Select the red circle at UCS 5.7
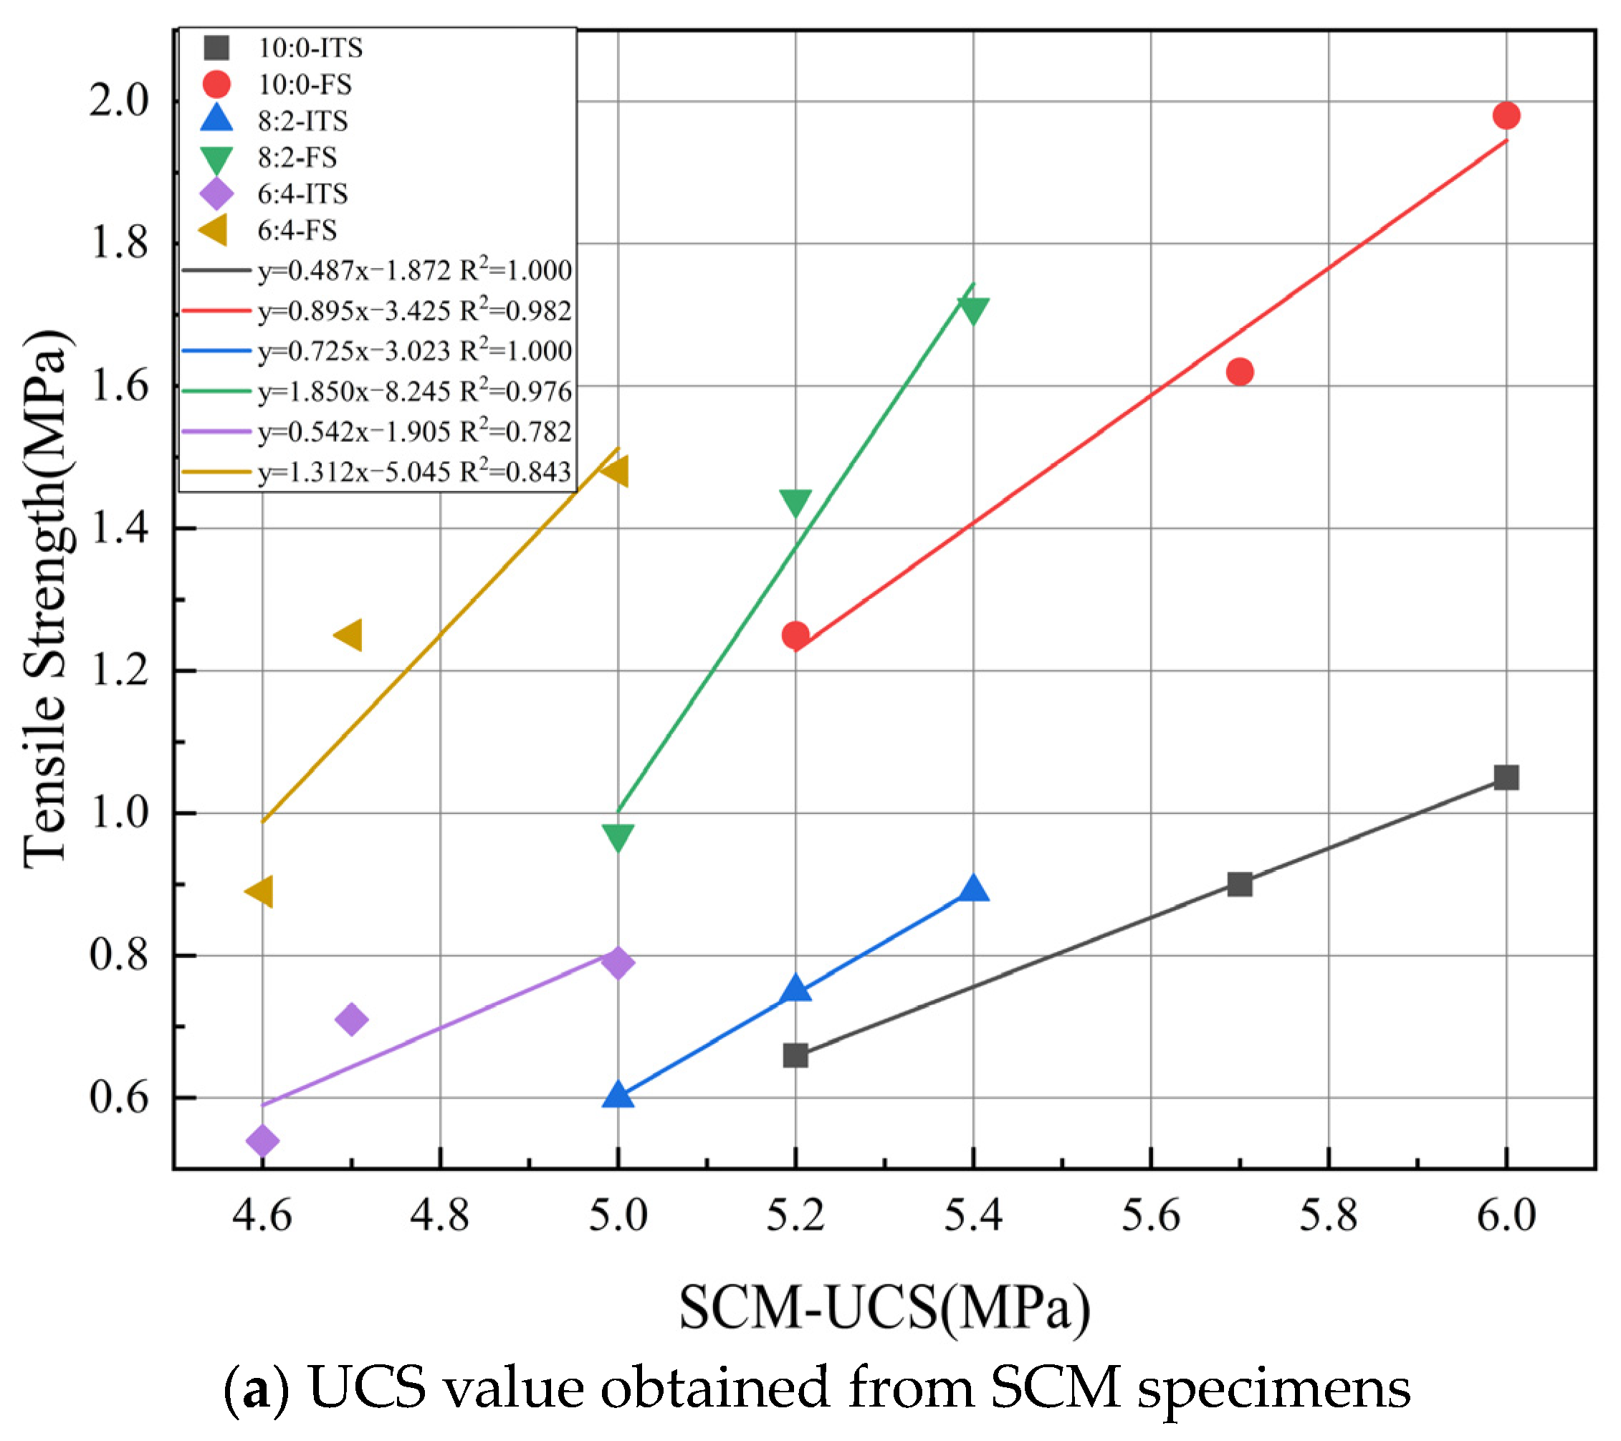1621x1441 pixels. click(x=1239, y=371)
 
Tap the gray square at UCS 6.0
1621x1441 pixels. click(x=1505, y=777)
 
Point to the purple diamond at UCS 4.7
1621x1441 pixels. click(x=351, y=1019)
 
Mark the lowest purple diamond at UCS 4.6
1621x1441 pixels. click(x=262, y=1141)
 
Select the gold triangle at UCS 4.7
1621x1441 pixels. click(x=349, y=636)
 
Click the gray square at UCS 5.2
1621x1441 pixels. click(x=795, y=1055)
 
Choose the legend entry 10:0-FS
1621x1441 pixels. click(x=305, y=84)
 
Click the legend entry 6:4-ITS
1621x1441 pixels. click(x=302, y=193)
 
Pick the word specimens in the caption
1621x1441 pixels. click(x=1273, y=1389)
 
